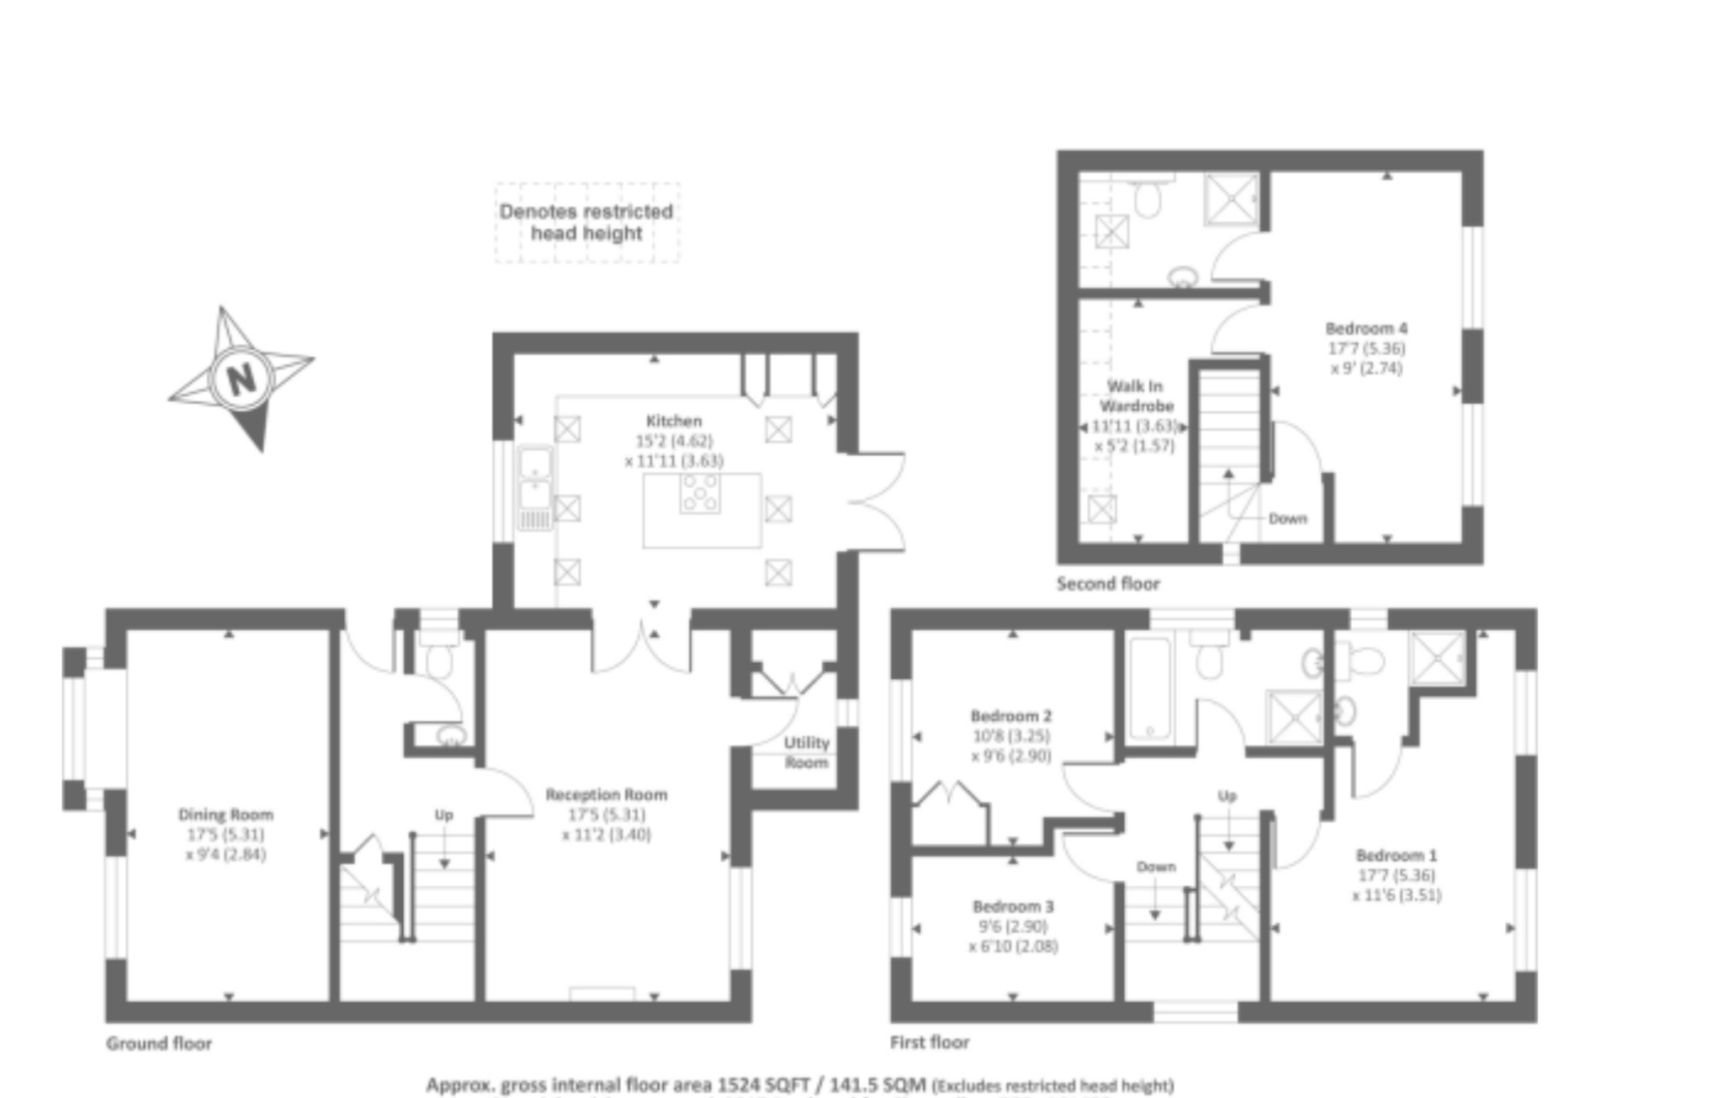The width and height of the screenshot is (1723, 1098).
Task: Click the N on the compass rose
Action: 241,379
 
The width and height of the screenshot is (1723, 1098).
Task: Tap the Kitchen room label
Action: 673,421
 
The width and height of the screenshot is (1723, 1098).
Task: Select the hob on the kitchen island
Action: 700,493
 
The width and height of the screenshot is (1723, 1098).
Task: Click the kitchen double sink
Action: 534,480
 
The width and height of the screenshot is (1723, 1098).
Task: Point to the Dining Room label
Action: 225,814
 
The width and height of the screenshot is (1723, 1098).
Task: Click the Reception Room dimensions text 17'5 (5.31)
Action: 606,814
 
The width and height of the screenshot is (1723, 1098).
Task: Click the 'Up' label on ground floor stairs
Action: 443,814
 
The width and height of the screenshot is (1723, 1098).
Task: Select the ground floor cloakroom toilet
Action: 438,655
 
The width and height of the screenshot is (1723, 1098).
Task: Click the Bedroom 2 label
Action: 1010,716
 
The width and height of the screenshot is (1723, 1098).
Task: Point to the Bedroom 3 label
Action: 1013,906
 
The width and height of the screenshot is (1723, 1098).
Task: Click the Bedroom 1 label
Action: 1397,855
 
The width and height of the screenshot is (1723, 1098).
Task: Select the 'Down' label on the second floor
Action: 1287,518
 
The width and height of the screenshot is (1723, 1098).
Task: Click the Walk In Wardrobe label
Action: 1135,395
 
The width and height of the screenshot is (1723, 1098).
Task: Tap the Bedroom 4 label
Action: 1366,328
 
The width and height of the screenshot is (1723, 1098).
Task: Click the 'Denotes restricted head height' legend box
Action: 586,223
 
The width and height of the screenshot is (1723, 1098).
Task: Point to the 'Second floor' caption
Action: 1108,583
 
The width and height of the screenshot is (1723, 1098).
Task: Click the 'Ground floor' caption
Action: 158,1043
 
